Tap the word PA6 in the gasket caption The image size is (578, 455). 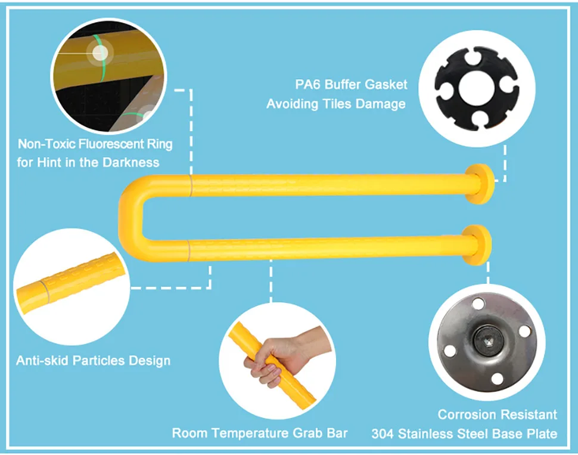click(x=309, y=84)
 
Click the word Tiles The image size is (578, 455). click(x=338, y=104)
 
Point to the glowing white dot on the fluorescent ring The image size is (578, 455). click(x=100, y=53)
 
